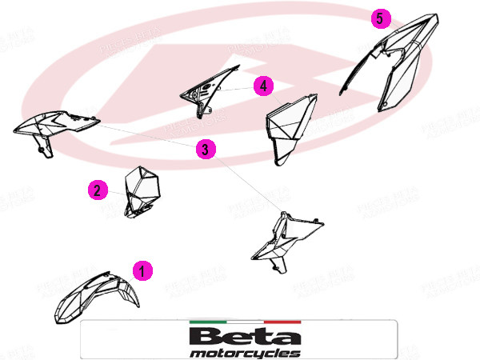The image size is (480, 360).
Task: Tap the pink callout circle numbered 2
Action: coord(97,190)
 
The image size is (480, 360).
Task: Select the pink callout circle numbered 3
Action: coord(206,149)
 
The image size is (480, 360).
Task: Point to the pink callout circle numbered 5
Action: coord(381,18)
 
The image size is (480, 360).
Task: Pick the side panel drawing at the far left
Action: coord(56,126)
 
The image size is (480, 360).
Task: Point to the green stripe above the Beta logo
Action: coord(207,322)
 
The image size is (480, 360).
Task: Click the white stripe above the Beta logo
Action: coord(245,322)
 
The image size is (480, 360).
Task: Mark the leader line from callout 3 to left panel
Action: coord(144,135)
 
